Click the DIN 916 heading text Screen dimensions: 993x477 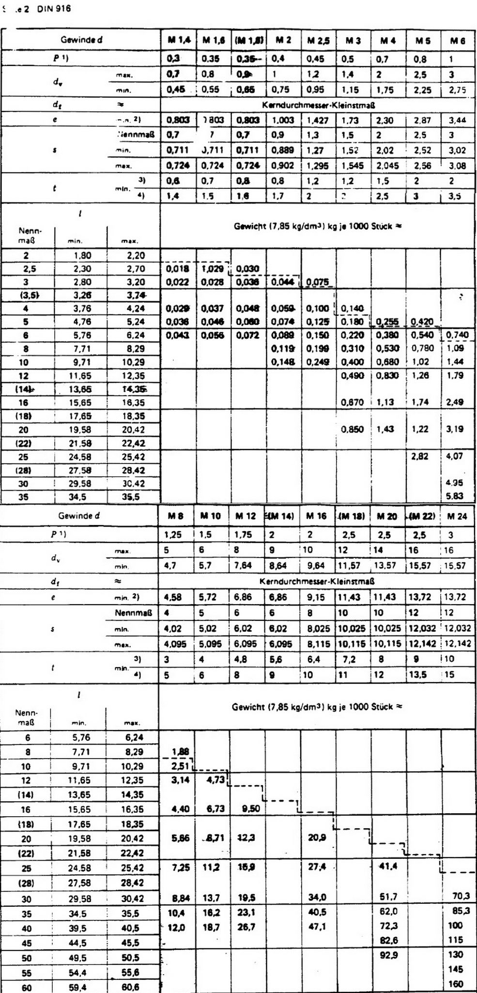pyautogui.click(x=53, y=9)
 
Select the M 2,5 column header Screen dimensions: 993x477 pyautogui.click(x=318, y=41)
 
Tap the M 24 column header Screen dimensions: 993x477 pyautogui.click(x=457, y=516)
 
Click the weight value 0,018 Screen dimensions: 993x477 pyautogui.click(x=177, y=269)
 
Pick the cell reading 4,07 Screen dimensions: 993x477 pyautogui.click(x=455, y=456)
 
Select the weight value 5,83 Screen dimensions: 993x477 pyautogui.click(x=455, y=496)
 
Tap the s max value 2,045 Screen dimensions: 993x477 pyautogui.click(x=387, y=166)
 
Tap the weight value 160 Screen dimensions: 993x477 pyautogui.click(x=456, y=984)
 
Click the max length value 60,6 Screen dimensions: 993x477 pyautogui.click(x=130, y=985)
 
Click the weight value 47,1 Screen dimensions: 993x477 pyautogui.click(x=317, y=926)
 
